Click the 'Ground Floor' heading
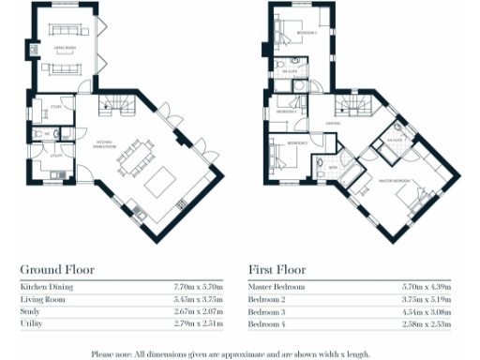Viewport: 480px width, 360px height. click(57, 269)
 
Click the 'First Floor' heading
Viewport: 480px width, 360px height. click(278, 269)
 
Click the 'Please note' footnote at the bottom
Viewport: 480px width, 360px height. click(239, 353)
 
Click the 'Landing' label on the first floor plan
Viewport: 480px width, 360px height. click(332, 123)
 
